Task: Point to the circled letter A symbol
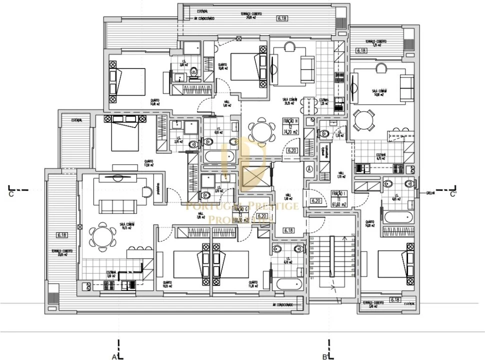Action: coord(309,169)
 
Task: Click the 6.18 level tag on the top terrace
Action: coord(282,18)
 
